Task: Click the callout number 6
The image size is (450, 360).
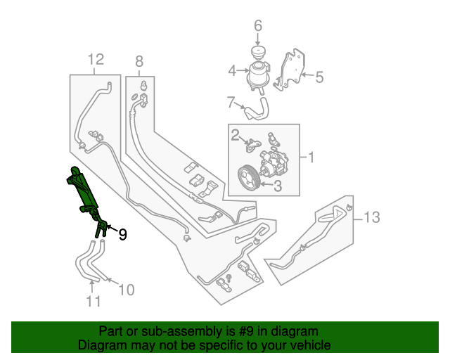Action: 257,26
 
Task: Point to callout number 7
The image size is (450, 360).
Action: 230,103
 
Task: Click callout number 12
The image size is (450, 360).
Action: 96,58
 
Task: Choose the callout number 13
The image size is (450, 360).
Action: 372,218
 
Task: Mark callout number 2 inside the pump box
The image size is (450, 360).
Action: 236,134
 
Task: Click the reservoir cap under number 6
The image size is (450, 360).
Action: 257,53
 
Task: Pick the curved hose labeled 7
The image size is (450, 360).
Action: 257,108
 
